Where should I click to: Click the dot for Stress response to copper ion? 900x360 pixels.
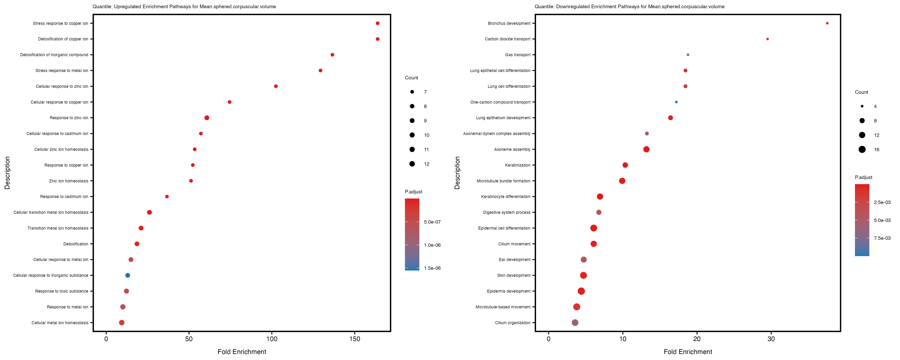click(377, 23)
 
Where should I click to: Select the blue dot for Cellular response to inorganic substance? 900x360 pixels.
click(128, 275)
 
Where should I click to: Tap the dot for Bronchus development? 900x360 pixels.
click(827, 23)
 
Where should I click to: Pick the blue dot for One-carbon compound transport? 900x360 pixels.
click(676, 102)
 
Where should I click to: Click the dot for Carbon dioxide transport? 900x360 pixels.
click(767, 39)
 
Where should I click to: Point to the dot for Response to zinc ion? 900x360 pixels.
click(207, 118)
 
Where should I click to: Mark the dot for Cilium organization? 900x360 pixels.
click(575, 323)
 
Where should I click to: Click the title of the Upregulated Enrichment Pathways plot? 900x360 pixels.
click(184, 7)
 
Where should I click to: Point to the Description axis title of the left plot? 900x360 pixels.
click(7, 173)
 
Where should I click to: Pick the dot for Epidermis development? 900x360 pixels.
click(581, 291)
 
